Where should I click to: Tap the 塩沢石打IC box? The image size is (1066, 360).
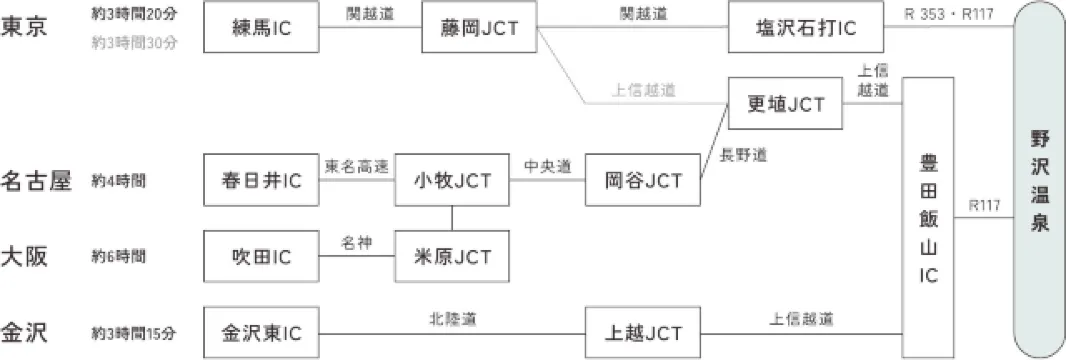click(807, 27)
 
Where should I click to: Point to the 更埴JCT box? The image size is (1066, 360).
click(786, 104)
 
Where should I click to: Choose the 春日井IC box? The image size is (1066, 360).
click(262, 181)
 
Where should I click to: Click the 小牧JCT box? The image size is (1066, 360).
click(452, 181)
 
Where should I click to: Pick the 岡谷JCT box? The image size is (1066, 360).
click(644, 181)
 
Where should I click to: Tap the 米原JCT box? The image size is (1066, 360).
click(452, 257)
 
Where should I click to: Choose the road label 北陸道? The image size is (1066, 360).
click(452, 320)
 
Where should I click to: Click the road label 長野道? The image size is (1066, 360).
click(744, 155)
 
